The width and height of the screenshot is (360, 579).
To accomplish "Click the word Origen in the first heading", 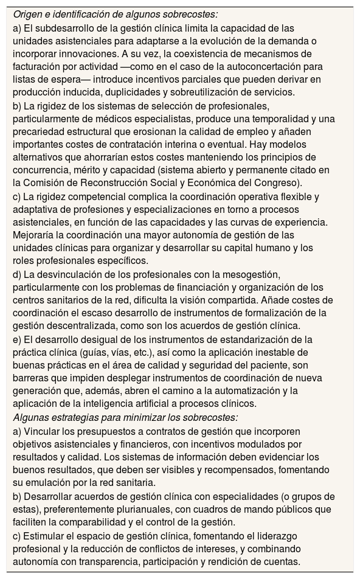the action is pyautogui.click(x=29, y=13).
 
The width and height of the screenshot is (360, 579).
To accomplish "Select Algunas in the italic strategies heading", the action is pyautogui.click(x=32, y=417).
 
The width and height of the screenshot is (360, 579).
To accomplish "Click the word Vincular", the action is pyautogui.click(x=42, y=431).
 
